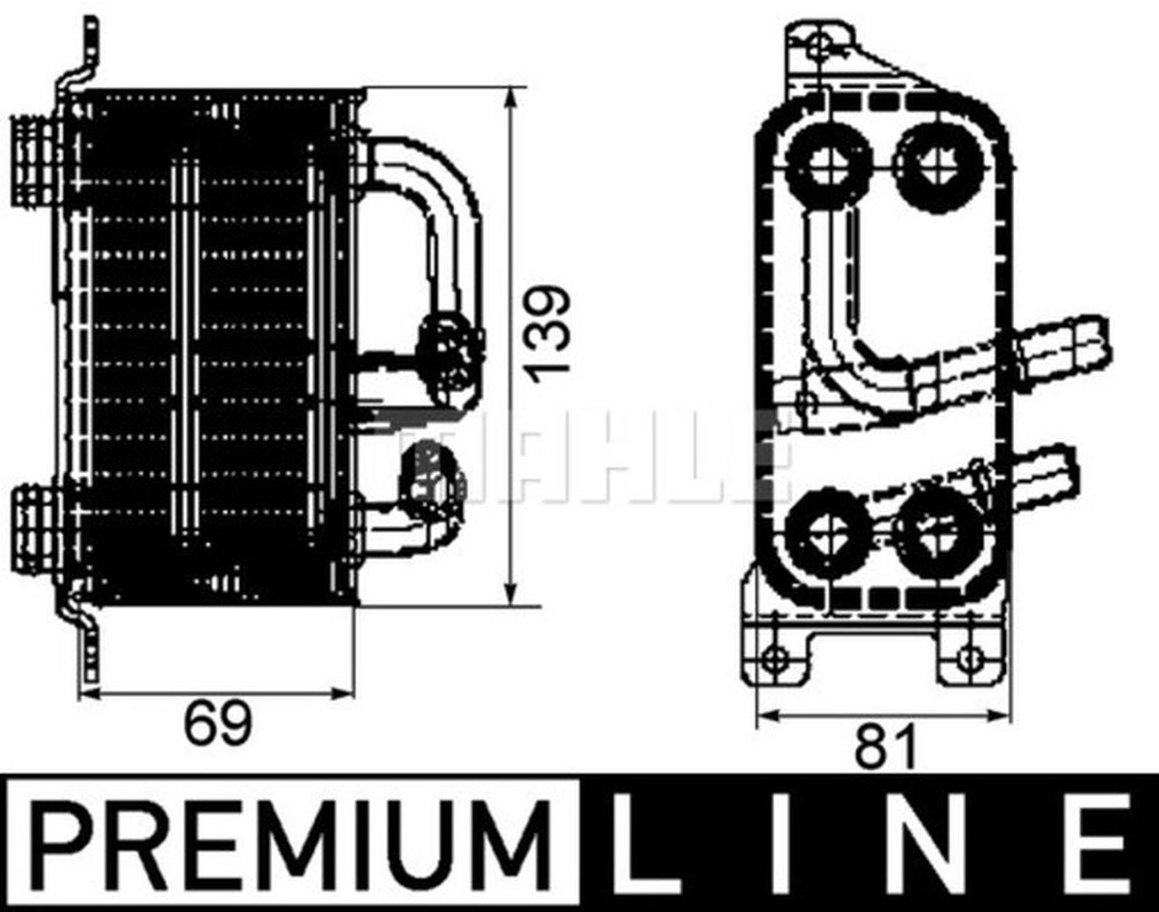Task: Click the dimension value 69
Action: pos(217,725)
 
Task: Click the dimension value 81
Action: pos(876,748)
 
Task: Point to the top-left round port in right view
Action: pos(828,165)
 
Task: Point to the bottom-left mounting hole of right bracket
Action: pos(774,658)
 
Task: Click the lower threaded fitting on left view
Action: pos(34,525)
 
